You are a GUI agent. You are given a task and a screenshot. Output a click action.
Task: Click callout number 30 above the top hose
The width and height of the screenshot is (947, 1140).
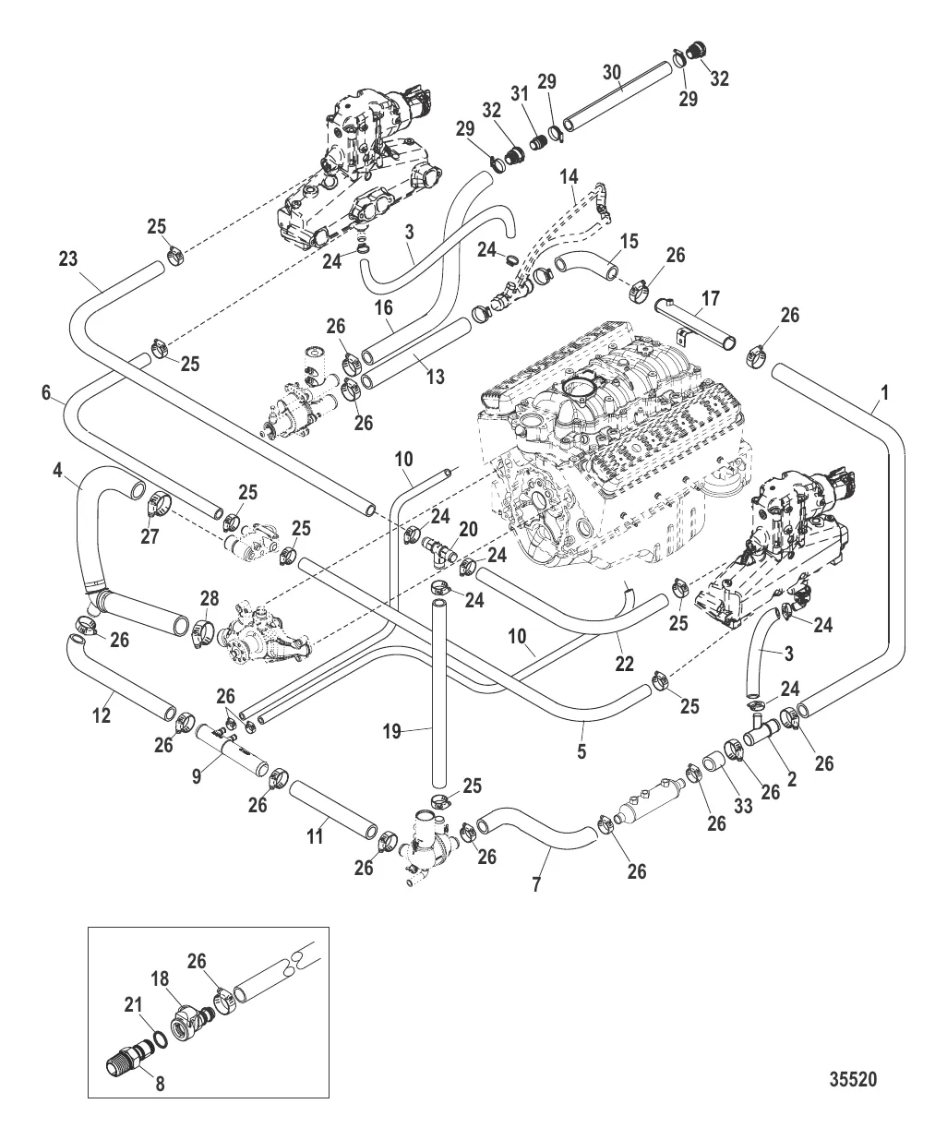pyautogui.click(x=612, y=72)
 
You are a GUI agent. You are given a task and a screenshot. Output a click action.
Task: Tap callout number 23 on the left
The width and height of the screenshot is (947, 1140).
pyautogui.click(x=68, y=261)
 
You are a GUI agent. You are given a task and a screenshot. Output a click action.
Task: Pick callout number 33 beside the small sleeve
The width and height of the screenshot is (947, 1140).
pyautogui.click(x=743, y=806)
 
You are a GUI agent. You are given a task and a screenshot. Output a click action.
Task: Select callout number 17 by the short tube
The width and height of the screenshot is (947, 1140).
pyautogui.click(x=710, y=299)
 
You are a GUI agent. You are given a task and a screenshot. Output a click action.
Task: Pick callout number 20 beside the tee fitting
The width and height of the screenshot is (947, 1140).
pyautogui.click(x=468, y=528)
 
